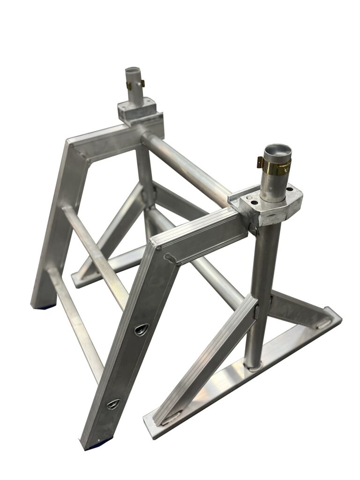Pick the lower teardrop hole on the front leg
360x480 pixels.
[113, 404]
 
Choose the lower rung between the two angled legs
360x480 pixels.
[75, 319]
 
